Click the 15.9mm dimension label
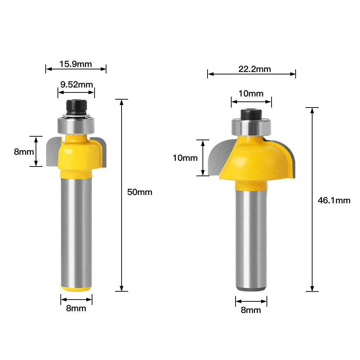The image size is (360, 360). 76,64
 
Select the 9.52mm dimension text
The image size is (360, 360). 77,85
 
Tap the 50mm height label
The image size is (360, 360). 140,192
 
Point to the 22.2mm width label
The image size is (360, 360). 255,69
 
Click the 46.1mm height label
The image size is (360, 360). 334,200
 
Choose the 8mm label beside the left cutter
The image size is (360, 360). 24,152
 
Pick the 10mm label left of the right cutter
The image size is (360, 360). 185,158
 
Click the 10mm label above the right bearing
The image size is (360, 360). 251,94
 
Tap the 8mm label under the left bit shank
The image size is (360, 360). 76,308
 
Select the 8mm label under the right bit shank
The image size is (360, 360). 251,310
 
